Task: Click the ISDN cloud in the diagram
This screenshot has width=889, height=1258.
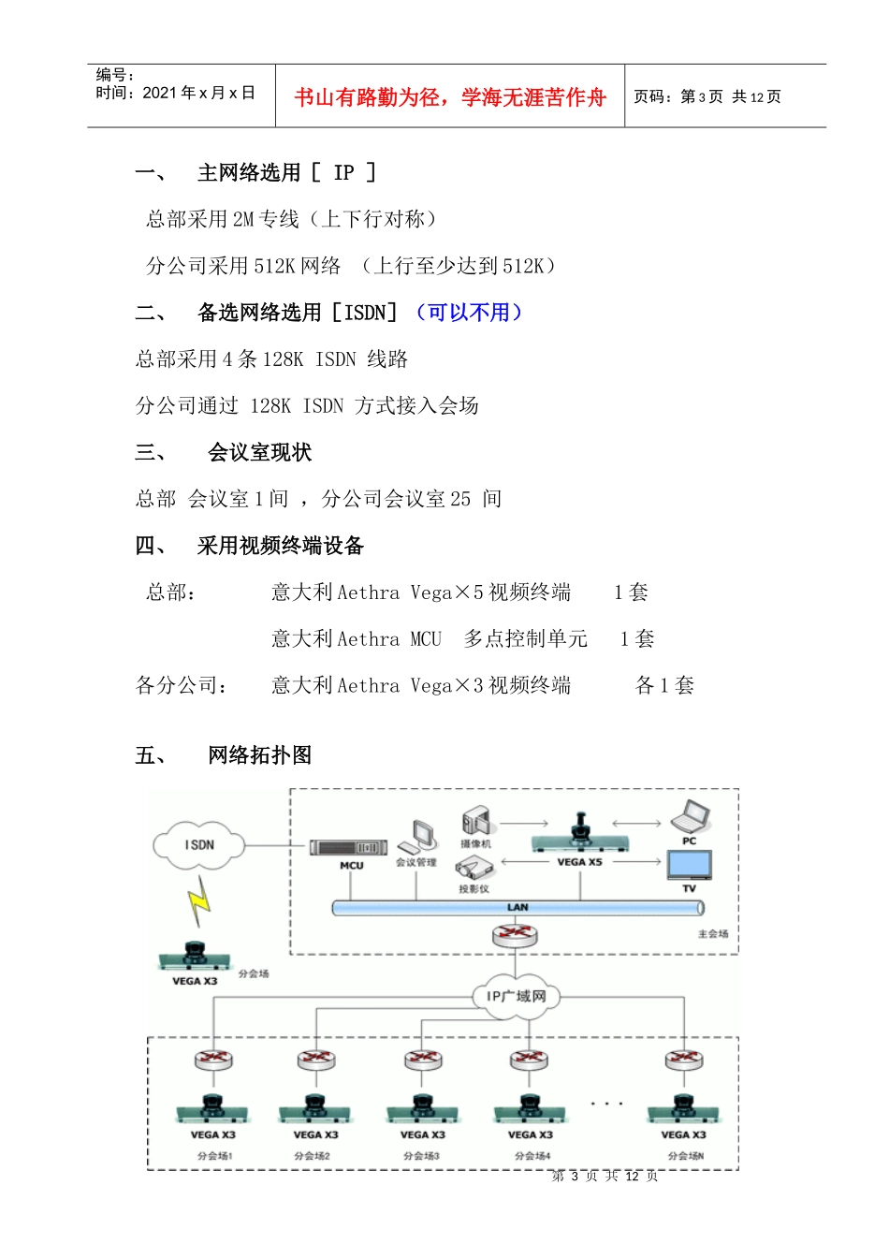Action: (198, 844)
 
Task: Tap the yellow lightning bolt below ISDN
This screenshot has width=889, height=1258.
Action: (198, 901)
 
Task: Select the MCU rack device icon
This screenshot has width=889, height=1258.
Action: (348, 847)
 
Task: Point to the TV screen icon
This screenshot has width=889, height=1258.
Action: (690, 865)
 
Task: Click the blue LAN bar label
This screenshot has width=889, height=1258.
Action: (517, 907)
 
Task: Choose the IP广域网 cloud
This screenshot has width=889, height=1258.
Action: (517, 996)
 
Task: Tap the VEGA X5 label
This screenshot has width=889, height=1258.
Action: (579, 862)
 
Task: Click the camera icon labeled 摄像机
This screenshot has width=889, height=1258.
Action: (476, 821)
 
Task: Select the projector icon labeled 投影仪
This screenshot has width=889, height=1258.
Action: (474, 870)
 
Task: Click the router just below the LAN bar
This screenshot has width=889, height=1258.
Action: (515, 934)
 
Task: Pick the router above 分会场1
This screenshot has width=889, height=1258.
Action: (213, 1061)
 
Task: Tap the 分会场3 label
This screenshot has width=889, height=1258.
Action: (421, 1156)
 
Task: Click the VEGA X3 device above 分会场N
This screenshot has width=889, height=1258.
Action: (683, 1108)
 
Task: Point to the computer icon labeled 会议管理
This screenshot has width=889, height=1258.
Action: (423, 835)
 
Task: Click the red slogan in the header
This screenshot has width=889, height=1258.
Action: (450, 97)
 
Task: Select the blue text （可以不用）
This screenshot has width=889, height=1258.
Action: (468, 313)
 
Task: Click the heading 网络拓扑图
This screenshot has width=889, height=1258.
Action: (260, 755)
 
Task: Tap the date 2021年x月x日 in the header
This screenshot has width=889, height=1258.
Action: (198, 93)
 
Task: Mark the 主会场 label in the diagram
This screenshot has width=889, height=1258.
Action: (712, 934)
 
